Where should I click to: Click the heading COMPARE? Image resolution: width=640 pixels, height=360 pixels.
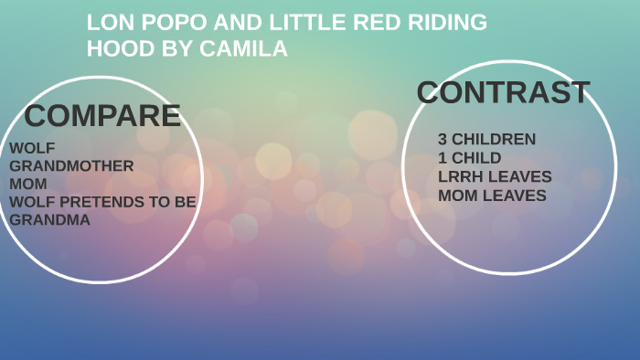point(102,116)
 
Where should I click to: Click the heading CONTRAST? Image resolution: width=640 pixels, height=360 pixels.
point(503,92)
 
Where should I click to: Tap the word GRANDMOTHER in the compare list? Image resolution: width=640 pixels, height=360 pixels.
point(71,165)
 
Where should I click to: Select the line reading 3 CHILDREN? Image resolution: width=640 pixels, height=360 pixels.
point(486,140)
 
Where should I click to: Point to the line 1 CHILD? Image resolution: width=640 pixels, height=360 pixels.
point(469,158)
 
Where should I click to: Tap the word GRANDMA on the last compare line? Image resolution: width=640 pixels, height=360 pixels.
point(49,219)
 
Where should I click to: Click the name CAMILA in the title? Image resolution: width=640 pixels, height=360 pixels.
point(251,49)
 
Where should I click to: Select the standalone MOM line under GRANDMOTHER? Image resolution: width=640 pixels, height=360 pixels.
point(27,184)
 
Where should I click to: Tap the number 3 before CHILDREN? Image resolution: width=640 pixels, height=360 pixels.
point(443,140)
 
